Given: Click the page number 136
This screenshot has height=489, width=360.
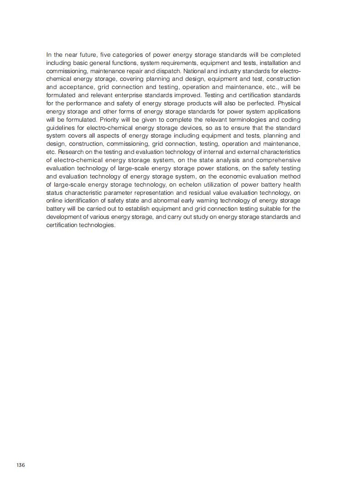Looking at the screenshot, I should click(20, 465).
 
